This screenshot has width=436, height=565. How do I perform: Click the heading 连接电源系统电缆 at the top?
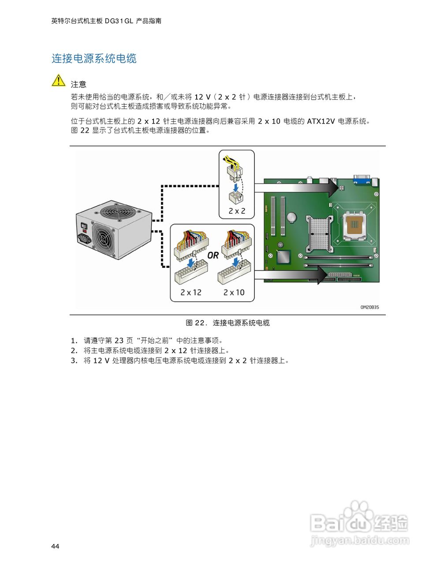[94, 58]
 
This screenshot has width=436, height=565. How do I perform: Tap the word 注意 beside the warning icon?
[78, 84]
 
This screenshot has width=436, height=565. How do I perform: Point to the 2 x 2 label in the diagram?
[237, 211]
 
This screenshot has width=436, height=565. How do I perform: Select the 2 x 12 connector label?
[190, 292]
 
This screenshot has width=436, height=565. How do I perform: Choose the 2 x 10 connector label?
[234, 292]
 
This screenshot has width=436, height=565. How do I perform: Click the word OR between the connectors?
[213, 255]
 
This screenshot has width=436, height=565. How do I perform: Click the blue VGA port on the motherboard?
[361, 179]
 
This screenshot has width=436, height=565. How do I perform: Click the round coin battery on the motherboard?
[292, 217]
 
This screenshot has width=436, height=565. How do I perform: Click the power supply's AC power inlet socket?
[85, 239]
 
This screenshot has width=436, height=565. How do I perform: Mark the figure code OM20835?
[369, 307]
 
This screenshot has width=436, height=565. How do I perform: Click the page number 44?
[55, 546]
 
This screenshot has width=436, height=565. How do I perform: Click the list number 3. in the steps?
[74, 361]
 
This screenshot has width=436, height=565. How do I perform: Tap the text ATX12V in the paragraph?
[321, 121]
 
